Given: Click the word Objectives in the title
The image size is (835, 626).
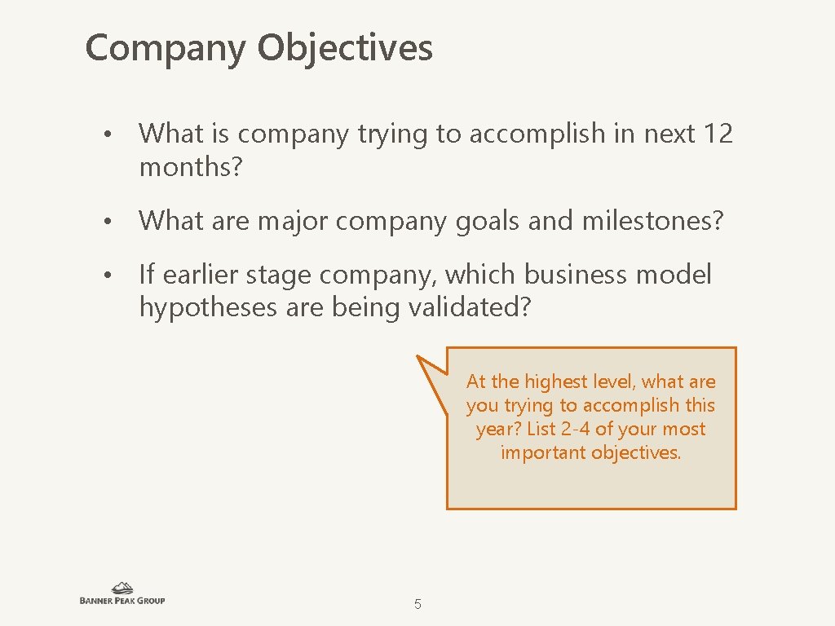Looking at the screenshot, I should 345,48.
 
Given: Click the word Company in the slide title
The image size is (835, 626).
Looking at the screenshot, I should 165,48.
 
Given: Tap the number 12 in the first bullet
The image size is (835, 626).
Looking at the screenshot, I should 717,133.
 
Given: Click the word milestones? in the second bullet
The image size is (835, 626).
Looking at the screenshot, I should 652,220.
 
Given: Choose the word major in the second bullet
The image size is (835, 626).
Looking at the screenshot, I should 285,221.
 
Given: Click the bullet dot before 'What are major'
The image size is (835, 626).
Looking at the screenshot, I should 107,222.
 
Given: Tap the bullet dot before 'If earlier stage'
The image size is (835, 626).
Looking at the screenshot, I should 107,276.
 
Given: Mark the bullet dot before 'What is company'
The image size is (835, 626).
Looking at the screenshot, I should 107,134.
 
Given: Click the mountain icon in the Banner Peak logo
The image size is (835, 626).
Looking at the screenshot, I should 122,588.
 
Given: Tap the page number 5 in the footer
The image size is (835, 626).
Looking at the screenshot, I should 417,605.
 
